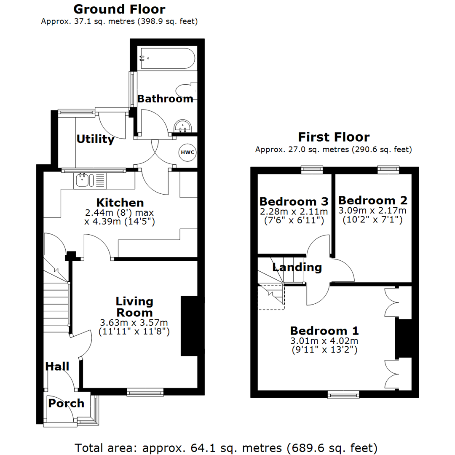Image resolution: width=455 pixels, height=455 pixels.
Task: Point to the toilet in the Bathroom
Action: click(x=186, y=89)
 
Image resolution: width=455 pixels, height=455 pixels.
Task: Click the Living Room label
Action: click(x=134, y=307)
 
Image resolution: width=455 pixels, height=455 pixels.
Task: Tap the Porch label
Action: click(x=66, y=403)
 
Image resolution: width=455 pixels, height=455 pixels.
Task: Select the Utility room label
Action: click(x=95, y=139)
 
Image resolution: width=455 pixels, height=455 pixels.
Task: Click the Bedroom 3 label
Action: click(x=294, y=201)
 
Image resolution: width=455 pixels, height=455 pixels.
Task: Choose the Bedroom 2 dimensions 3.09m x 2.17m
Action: click(x=372, y=210)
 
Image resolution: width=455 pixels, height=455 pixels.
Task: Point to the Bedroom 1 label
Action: click(x=324, y=330)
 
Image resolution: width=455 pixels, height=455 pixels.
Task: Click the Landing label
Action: click(x=297, y=267)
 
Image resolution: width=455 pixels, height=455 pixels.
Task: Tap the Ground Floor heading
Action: click(x=119, y=9)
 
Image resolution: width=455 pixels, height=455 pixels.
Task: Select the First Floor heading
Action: click(x=334, y=137)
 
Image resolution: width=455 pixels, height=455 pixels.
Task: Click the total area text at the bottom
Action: click(x=226, y=447)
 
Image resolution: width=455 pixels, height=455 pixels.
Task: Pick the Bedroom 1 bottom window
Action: click(x=343, y=394)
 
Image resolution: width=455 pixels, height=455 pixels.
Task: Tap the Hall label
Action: click(x=57, y=366)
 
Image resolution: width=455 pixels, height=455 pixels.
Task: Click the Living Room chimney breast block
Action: click(x=189, y=326)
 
